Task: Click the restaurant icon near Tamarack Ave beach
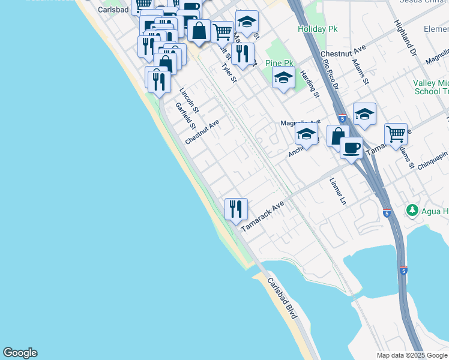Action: (236, 209)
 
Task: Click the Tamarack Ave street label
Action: (262, 217)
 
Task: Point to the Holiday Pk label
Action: (317, 29)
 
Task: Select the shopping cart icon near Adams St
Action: (396, 134)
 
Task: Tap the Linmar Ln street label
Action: (338, 191)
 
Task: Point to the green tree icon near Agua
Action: (412, 210)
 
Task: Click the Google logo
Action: (20, 353)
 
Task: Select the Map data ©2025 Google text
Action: (412, 355)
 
